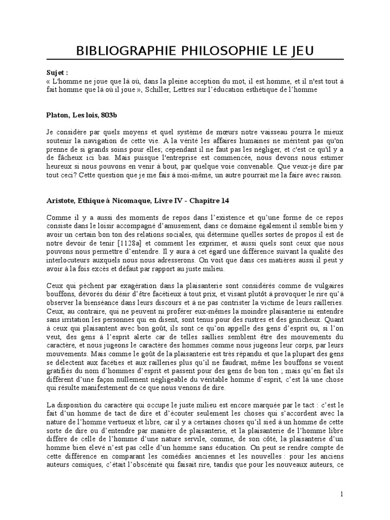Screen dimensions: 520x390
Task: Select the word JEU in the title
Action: tap(301, 51)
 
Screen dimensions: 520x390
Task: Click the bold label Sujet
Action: tap(55, 73)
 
